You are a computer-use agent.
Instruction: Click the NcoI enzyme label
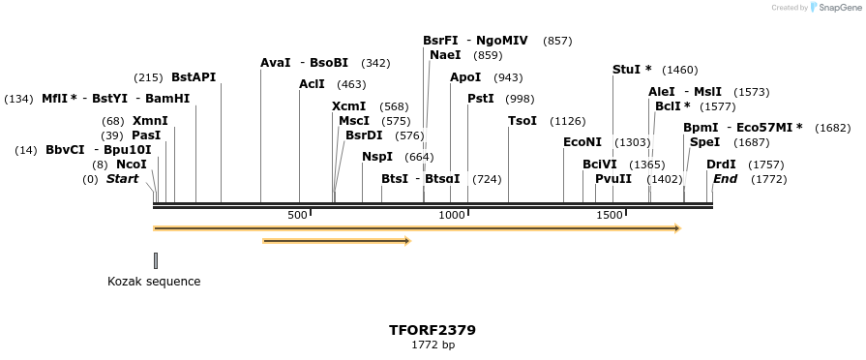tap(131, 165)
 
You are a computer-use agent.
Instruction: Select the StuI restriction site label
tap(632, 70)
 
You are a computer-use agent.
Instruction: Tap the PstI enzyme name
tap(481, 99)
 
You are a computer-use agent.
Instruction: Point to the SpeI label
tap(704, 142)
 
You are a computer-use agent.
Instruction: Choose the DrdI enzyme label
tap(721, 165)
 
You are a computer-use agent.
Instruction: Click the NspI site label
tap(377, 157)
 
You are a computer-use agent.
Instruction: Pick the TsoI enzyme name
tap(523, 121)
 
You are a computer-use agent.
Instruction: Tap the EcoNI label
tap(582, 142)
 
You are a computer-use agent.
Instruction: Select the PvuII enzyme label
tap(613, 179)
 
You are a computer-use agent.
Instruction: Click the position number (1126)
tap(568, 121)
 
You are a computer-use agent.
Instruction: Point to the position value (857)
tap(557, 41)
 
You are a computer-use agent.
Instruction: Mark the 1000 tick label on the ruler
tap(452, 215)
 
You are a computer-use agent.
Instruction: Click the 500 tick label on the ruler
tap(297, 215)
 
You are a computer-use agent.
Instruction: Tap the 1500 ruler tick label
tap(610, 215)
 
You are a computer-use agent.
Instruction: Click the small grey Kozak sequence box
tap(155, 260)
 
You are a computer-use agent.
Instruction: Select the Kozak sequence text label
tap(154, 282)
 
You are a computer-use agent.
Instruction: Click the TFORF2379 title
tap(433, 330)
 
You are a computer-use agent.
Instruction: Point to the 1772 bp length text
tap(433, 345)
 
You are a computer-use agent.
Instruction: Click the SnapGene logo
tap(835, 8)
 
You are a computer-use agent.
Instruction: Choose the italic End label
tap(725, 179)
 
